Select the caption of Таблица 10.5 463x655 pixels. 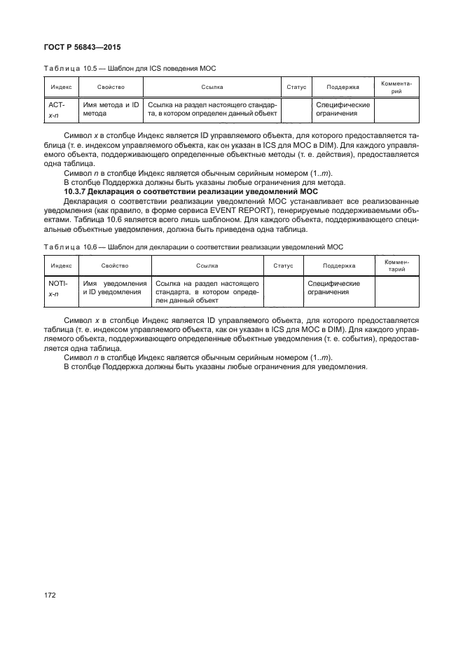[x=130, y=68]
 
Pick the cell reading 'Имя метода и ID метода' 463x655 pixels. [x=111, y=109]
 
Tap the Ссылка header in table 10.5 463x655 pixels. [x=212, y=88]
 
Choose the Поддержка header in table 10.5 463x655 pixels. [x=343, y=88]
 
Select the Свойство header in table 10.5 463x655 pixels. [x=111, y=88]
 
